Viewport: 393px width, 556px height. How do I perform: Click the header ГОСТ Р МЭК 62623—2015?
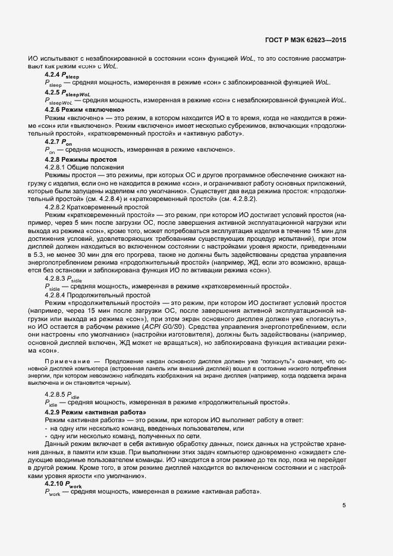pyautogui.click(x=305, y=40)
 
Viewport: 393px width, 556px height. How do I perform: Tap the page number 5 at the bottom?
pyautogui.click(x=344, y=505)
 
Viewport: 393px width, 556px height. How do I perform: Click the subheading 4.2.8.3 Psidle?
pyautogui.click(x=64, y=278)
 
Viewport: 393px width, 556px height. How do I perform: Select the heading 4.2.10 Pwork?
pyautogui.click(x=62, y=485)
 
